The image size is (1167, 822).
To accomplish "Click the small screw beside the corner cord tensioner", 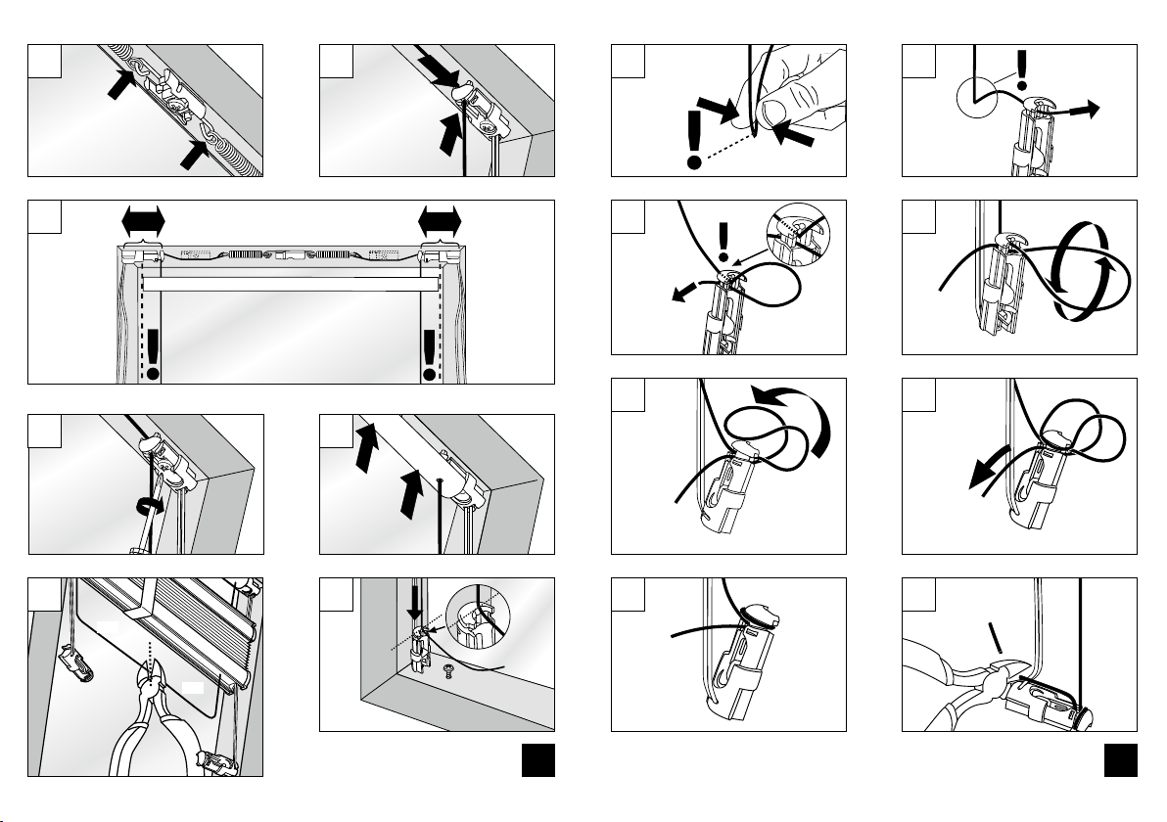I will (448, 673).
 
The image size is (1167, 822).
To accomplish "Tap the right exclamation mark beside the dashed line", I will (429, 355).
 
